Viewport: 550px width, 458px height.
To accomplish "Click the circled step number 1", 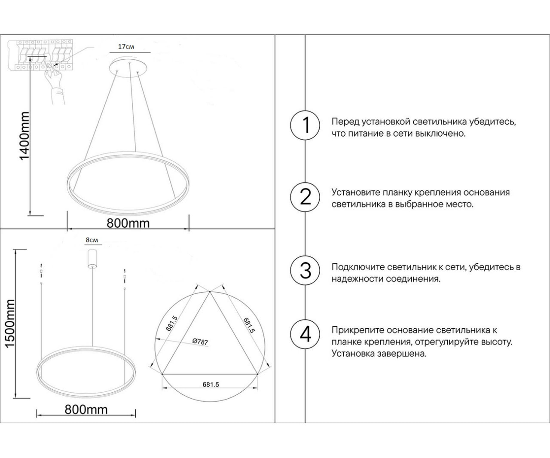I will (306, 125).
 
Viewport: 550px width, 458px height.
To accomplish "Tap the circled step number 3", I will (306, 271).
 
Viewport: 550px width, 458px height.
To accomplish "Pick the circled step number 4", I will (306, 335).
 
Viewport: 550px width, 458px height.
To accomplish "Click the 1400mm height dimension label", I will (25, 136).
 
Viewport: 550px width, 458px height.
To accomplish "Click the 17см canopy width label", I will (126, 46).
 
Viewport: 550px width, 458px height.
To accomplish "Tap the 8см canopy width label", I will (92, 240).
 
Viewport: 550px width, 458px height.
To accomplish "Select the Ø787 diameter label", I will (201, 342).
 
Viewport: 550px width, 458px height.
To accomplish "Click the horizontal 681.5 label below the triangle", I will (211, 385).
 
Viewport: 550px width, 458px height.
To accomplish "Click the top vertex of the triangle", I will (210, 292).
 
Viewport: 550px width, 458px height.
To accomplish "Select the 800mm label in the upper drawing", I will (128, 223).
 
